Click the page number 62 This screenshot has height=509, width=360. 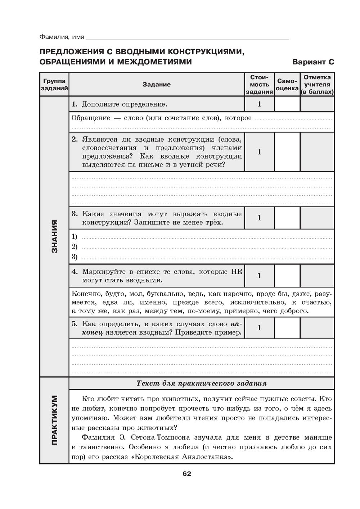pyautogui.click(x=186, y=473)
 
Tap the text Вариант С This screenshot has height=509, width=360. pyautogui.click(x=313, y=62)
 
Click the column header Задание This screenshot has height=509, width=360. pyautogui.click(x=157, y=85)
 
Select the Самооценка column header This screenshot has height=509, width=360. pyautogui.click(x=287, y=85)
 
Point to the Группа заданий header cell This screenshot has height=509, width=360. pyautogui.click(x=54, y=85)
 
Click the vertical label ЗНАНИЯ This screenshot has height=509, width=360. pyautogui.click(x=54, y=236)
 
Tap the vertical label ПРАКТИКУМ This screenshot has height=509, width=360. pyautogui.click(x=54, y=420)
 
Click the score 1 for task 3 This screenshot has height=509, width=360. pyautogui.click(x=259, y=218)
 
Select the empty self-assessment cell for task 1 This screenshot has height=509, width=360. pyautogui.click(x=287, y=104)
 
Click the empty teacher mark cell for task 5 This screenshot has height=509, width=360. pyautogui.click(x=317, y=328)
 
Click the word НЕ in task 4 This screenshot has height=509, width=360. pyautogui.click(x=237, y=272)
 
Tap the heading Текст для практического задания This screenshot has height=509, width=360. pyautogui.click(x=202, y=383)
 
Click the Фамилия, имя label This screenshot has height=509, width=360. pyautogui.click(x=62, y=37)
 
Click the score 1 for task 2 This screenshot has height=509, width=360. pyautogui.click(x=259, y=152)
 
